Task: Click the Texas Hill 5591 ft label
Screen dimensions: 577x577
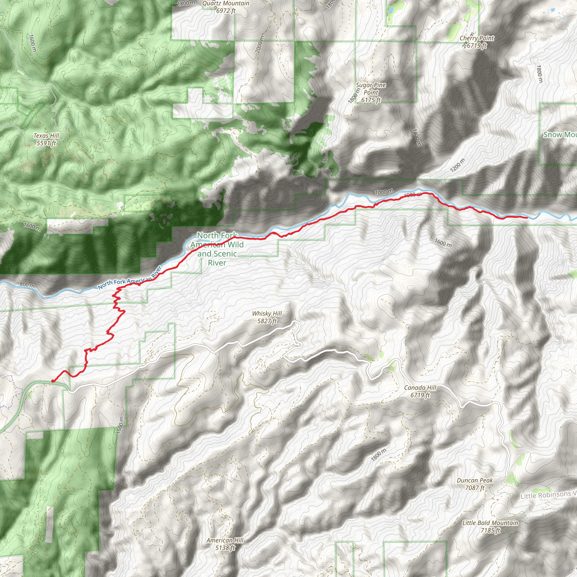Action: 46,139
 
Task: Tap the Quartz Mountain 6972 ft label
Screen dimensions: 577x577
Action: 226,7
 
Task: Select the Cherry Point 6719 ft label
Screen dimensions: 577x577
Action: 477,42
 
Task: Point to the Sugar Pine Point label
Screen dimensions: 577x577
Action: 371,93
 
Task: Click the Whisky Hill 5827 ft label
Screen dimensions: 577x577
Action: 267,317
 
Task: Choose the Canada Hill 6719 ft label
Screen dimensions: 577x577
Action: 420,391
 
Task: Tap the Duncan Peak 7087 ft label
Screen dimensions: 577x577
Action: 475,484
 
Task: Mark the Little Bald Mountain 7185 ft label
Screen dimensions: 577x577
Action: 490,527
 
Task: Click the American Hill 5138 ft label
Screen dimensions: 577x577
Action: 225,544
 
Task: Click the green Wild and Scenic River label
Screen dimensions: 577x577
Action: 217,249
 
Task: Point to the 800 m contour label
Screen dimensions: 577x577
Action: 27,285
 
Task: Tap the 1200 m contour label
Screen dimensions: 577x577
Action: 458,165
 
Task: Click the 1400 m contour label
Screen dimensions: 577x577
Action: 417,137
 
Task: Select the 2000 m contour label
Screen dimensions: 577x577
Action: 260,45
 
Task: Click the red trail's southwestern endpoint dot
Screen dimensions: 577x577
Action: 53,381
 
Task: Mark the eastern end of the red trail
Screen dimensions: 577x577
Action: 526,218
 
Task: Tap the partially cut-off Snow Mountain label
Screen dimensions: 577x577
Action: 560,135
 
